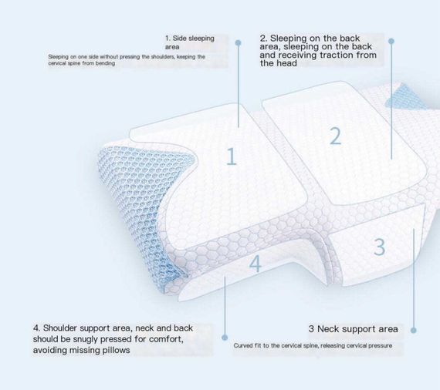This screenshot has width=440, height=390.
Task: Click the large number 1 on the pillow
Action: tap(232, 156)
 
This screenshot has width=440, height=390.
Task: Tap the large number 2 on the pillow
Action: tap(335, 136)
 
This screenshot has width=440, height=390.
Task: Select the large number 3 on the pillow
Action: tap(379, 247)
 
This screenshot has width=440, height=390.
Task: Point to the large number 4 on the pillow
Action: tap(255, 264)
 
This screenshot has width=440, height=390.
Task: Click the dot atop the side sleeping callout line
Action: tap(238, 43)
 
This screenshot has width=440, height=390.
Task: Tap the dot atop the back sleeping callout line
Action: tap(391, 41)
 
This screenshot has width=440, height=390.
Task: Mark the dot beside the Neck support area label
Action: tap(413, 331)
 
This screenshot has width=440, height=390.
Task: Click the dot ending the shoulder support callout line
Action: tap(225, 338)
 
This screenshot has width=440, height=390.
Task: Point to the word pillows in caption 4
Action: tap(116, 350)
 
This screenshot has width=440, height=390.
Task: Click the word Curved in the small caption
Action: tap(243, 345)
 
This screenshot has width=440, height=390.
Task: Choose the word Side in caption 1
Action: tap(179, 38)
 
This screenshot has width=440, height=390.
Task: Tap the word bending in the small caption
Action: tap(105, 63)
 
